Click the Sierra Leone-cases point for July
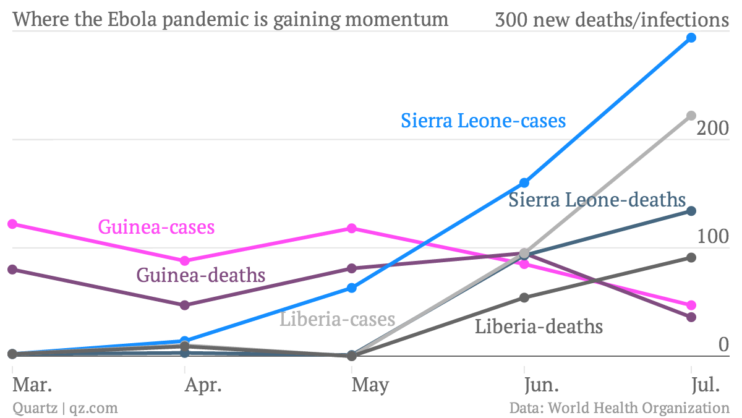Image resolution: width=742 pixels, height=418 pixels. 691,38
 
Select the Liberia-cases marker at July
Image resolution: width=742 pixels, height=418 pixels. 691,116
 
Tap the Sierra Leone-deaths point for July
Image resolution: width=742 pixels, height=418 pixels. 691,211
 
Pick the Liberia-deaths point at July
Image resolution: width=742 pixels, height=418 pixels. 691,257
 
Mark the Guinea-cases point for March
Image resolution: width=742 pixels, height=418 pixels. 12,224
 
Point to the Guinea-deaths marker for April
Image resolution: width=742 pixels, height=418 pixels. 184,305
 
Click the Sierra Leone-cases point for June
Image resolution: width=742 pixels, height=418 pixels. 524,182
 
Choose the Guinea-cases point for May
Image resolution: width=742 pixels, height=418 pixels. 352,228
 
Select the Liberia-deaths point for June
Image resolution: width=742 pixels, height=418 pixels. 524,297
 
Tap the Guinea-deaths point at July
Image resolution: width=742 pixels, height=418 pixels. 691,317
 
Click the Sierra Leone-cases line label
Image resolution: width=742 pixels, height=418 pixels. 483,120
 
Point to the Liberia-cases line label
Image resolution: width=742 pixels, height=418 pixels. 338,319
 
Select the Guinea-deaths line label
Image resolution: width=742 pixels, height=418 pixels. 201,275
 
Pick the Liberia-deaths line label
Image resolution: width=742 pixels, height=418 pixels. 539,326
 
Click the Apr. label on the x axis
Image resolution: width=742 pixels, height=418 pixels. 203,385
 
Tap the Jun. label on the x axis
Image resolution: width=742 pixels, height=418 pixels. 542,385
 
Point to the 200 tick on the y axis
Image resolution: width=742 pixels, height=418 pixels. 713,129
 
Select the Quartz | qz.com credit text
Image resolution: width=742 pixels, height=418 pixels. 65,408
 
